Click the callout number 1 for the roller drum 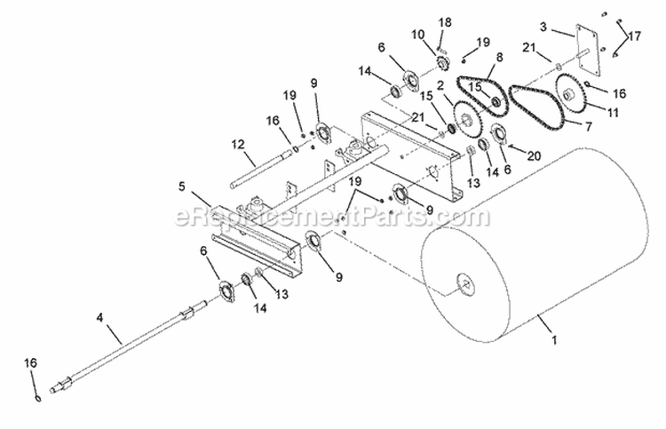click(554, 340)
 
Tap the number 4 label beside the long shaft click(99, 317)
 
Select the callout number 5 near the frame click(182, 187)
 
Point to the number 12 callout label click(239, 145)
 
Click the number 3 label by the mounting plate click(543, 27)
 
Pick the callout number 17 click(634, 36)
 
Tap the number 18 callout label click(445, 22)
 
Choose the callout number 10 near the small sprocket click(418, 35)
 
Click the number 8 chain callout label click(499, 57)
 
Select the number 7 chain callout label click(589, 126)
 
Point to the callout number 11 click(613, 113)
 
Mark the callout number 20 click(534, 156)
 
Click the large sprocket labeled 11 click(569, 93)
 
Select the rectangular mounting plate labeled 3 click(588, 52)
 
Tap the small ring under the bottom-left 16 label click(38, 398)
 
